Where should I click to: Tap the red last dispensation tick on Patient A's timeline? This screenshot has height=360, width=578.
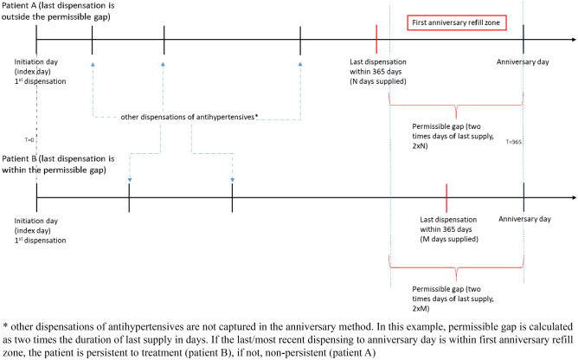pos(376,38)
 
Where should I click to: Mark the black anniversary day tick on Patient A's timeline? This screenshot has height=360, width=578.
pos(523,38)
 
